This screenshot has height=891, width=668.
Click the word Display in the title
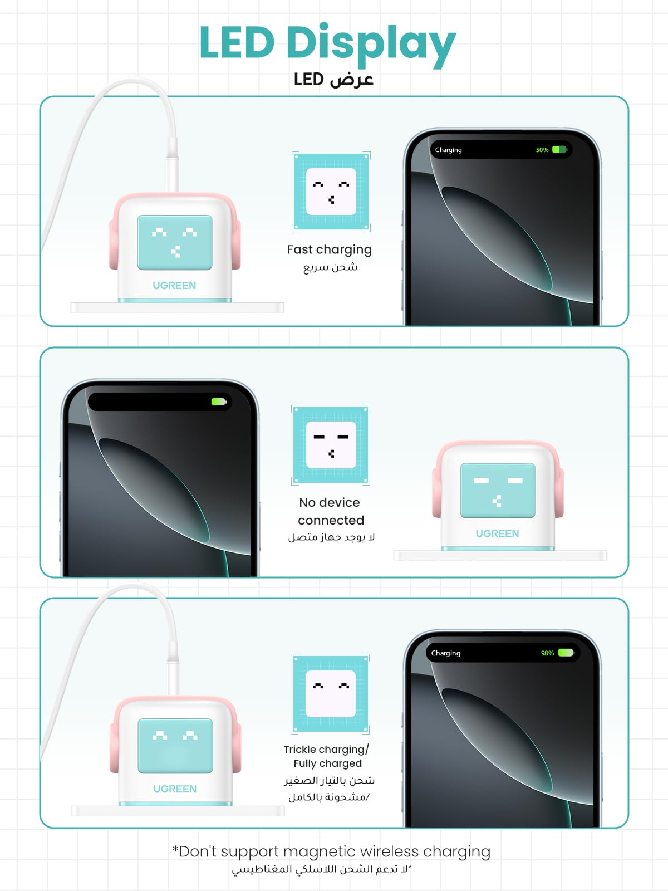coord(370,43)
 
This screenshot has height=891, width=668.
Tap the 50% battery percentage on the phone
coord(542,150)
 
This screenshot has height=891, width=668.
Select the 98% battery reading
coord(547,653)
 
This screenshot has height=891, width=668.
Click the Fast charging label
coord(329,249)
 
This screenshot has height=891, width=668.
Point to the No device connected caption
coord(331,511)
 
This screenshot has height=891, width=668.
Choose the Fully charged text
coord(327,763)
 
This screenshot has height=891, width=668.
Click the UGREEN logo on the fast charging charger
coord(174,286)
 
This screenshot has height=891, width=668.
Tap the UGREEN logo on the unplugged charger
coord(497,533)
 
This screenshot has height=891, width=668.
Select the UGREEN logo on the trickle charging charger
coord(175,789)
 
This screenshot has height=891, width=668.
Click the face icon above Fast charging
coord(331,192)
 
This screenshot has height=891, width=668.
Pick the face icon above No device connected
coord(331,445)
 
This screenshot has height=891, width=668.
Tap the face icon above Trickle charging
coord(330,693)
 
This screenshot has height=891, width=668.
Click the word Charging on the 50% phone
coord(448,150)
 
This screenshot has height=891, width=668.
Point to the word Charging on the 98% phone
coord(445,653)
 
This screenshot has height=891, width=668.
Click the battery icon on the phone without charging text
coord(218,402)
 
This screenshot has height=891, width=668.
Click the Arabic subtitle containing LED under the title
coord(333,80)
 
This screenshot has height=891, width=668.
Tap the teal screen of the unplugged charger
coord(497,491)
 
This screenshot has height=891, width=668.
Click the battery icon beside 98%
coord(566,653)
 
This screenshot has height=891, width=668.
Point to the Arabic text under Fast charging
coord(330,267)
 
